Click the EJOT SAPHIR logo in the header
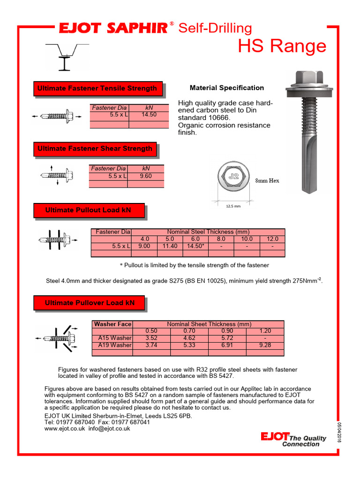click(112, 29)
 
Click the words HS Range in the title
click(282, 46)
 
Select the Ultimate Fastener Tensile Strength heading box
click(97, 88)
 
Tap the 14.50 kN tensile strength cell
click(149, 114)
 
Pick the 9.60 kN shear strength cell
click(146, 176)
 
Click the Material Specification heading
click(226, 88)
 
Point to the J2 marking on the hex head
click(233, 177)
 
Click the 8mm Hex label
click(267, 180)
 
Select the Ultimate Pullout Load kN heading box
click(88, 210)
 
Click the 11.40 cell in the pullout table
click(170, 246)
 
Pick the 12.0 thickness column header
click(272, 239)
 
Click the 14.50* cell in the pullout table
click(195, 246)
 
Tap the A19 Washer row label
click(114, 345)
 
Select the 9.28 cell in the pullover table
click(265, 345)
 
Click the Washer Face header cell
click(112, 324)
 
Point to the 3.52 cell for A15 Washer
click(151, 338)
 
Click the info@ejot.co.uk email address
click(109, 428)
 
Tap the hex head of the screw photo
click(309, 78)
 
